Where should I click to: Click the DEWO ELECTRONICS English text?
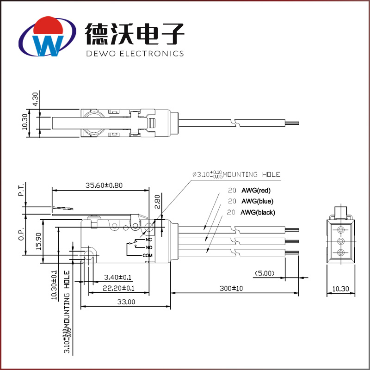click(135, 53)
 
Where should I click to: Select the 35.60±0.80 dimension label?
click(104, 185)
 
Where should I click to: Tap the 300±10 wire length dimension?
click(231, 288)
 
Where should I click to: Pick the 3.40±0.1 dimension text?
click(118, 277)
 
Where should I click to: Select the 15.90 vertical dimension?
click(39, 241)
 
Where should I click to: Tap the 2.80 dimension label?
click(157, 202)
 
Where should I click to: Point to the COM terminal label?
click(147, 255)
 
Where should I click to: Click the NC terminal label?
click(148, 240)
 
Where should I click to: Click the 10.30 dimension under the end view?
click(341, 289)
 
